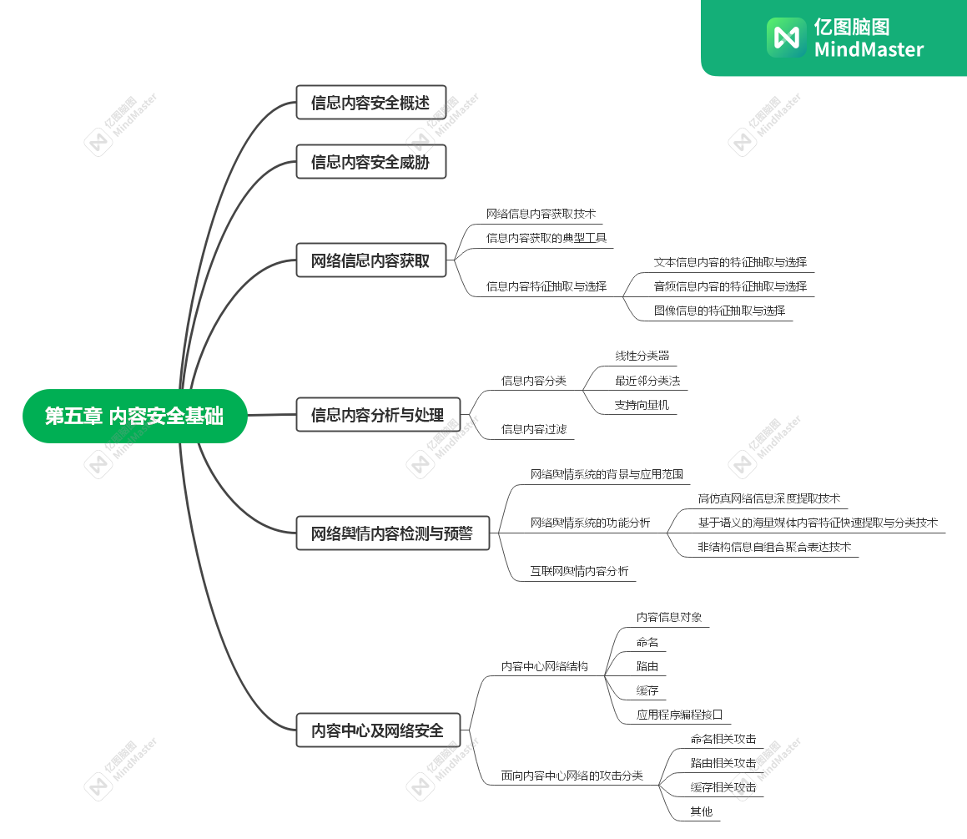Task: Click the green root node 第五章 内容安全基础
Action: tap(134, 416)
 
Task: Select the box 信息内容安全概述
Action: tap(370, 103)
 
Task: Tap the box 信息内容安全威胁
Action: tap(370, 162)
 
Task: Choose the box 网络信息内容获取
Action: tap(370, 260)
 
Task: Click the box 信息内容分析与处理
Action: tap(378, 415)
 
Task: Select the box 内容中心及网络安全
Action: tap(377, 730)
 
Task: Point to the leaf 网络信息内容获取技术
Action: tap(541, 214)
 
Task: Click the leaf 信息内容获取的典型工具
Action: tap(546, 238)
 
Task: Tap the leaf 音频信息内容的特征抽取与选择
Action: tap(730, 286)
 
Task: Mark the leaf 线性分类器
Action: tap(642, 356)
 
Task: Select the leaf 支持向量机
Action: tap(642, 405)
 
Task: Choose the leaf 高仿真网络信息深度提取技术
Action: tap(768, 498)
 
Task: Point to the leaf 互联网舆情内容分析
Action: tap(579, 572)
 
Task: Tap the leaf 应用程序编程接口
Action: tap(679, 715)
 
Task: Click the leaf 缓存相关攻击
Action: tap(723, 787)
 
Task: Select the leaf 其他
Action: tap(701, 811)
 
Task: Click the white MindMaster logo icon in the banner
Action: tap(786, 38)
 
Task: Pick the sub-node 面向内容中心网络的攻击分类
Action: tap(572, 776)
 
